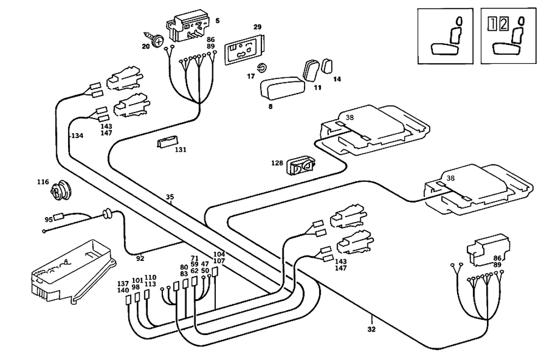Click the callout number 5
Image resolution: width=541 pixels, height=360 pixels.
(217, 21)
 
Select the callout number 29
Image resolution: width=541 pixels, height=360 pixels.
(258, 27)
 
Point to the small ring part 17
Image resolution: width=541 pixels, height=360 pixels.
(262, 68)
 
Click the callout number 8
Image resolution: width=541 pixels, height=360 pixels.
(270, 107)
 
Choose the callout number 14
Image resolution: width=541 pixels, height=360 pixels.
(337, 80)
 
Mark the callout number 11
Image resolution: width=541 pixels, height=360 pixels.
(318, 87)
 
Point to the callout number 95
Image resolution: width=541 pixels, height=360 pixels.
(49, 219)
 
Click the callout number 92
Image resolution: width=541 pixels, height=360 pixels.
(140, 258)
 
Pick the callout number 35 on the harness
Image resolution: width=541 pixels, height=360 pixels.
(170, 198)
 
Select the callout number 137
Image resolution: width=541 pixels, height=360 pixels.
(123, 284)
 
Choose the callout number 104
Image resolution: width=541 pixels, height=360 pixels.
(219, 254)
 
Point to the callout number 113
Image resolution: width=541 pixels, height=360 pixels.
(150, 284)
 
